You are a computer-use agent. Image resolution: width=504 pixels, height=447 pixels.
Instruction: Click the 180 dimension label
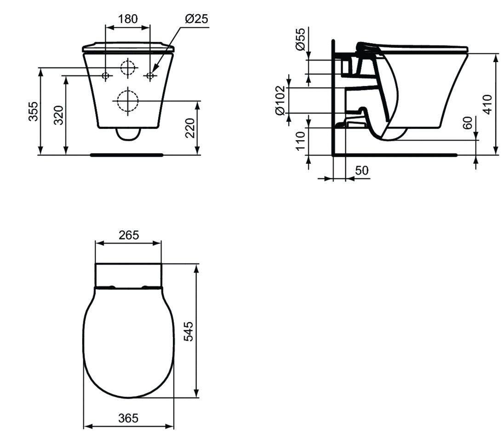click(128, 19)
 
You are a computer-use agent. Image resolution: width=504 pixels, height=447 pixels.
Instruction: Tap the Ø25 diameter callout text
click(196, 19)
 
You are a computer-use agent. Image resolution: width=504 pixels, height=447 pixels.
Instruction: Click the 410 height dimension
click(488, 104)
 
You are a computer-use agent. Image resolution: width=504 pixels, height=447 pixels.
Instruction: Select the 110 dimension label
click(300, 141)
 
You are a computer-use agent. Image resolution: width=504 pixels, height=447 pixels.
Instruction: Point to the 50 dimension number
click(362, 171)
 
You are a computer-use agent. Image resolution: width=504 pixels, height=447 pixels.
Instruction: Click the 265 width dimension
click(128, 235)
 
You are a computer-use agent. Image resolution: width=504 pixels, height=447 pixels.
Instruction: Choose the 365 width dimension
click(128, 418)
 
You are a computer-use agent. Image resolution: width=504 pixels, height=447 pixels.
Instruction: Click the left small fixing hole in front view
click(106, 75)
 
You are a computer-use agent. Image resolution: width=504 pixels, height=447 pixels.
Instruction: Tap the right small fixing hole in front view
click(150, 75)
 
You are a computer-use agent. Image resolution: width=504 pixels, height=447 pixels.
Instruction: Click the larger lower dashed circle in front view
click(127, 100)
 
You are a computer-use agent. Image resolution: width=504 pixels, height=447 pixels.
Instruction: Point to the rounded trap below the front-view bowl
click(127, 134)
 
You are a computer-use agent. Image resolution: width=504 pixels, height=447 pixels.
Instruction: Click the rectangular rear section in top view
click(128, 275)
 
